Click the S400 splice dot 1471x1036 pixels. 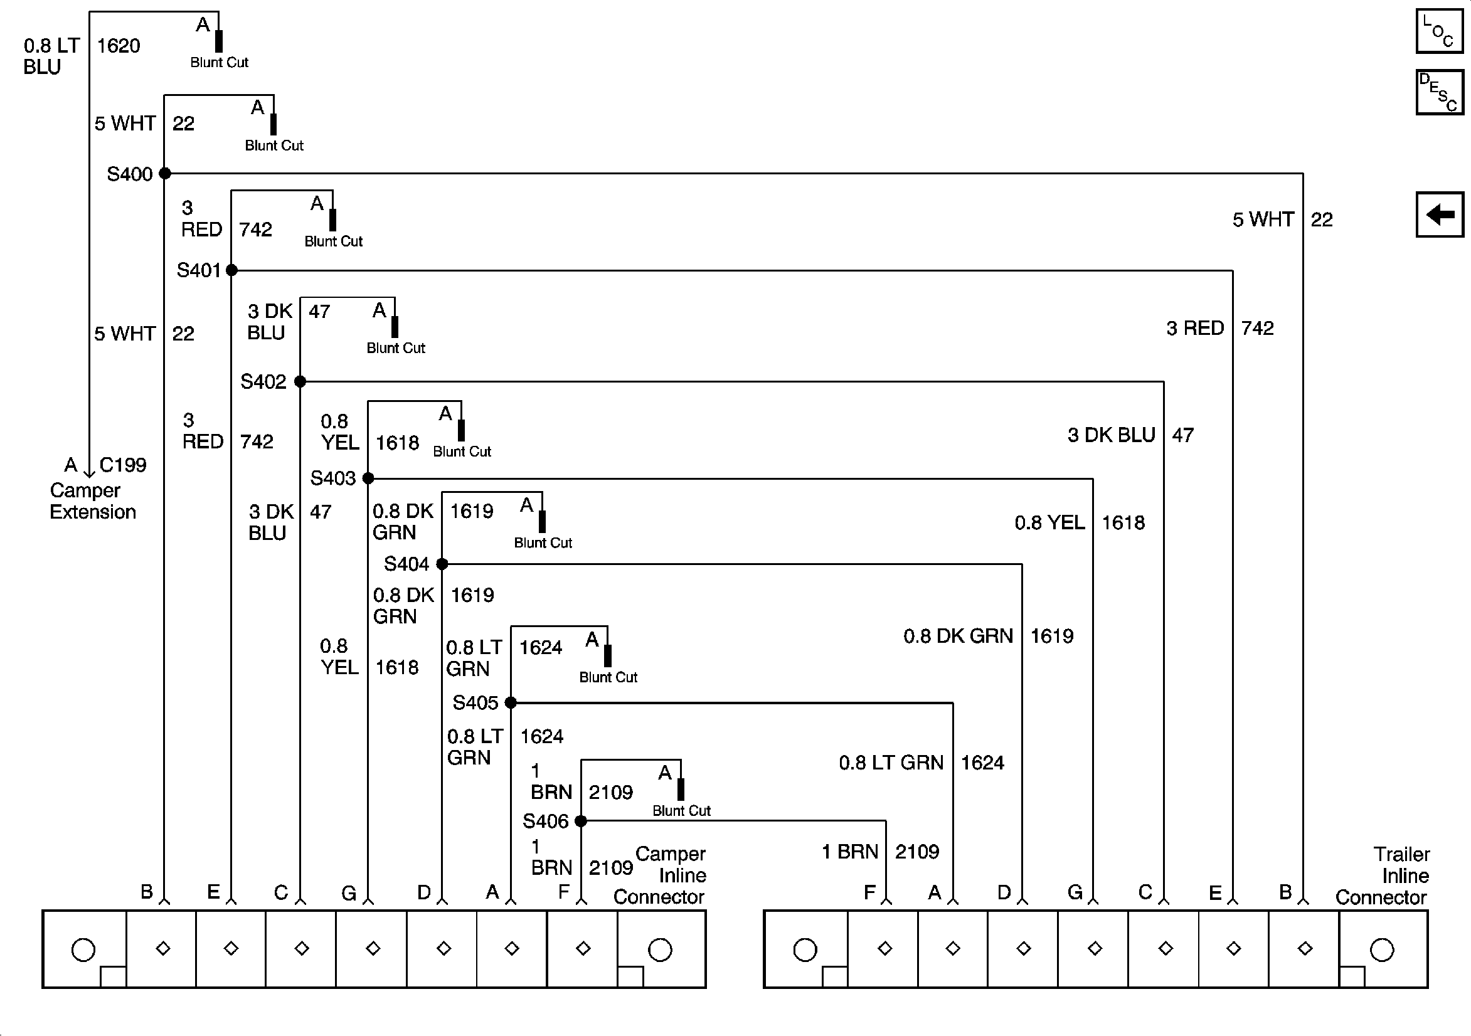[164, 173]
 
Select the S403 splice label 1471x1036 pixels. [332, 478]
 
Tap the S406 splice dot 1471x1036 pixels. [580, 821]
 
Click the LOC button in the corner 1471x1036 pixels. [1439, 31]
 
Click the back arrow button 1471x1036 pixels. [1439, 214]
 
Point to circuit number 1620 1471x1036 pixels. [119, 46]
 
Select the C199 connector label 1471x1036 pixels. [122, 465]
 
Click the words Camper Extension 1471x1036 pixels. [93, 501]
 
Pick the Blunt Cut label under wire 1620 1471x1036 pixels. [219, 63]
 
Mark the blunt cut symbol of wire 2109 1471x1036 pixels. [681, 789]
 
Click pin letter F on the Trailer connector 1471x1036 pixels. [869, 892]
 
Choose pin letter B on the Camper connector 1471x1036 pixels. [147, 892]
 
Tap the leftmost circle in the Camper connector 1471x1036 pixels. [83, 949]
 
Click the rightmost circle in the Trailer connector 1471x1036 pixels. [1382, 949]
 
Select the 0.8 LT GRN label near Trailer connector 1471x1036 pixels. [891, 763]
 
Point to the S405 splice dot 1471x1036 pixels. [511, 703]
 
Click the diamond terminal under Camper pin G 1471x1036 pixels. [373, 948]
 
